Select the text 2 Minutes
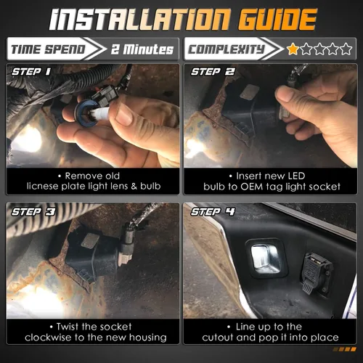tap(142, 49)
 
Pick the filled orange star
tap(293, 49)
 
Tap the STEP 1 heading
tap(30, 71)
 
